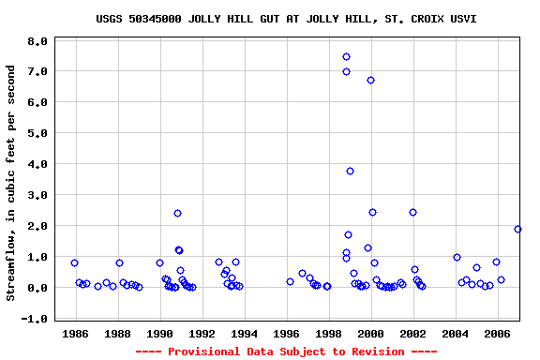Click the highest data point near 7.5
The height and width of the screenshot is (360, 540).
346,56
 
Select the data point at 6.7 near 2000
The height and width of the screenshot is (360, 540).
370,80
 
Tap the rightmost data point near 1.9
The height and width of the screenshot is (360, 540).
517,229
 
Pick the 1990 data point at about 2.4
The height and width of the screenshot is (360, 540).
177,213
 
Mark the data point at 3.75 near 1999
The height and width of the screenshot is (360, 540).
350,171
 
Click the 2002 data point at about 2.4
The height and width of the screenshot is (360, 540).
412,212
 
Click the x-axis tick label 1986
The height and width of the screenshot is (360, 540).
75,333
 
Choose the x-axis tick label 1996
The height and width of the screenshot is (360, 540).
287,333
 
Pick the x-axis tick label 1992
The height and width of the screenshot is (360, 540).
202,333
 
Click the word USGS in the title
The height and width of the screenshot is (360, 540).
110,19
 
